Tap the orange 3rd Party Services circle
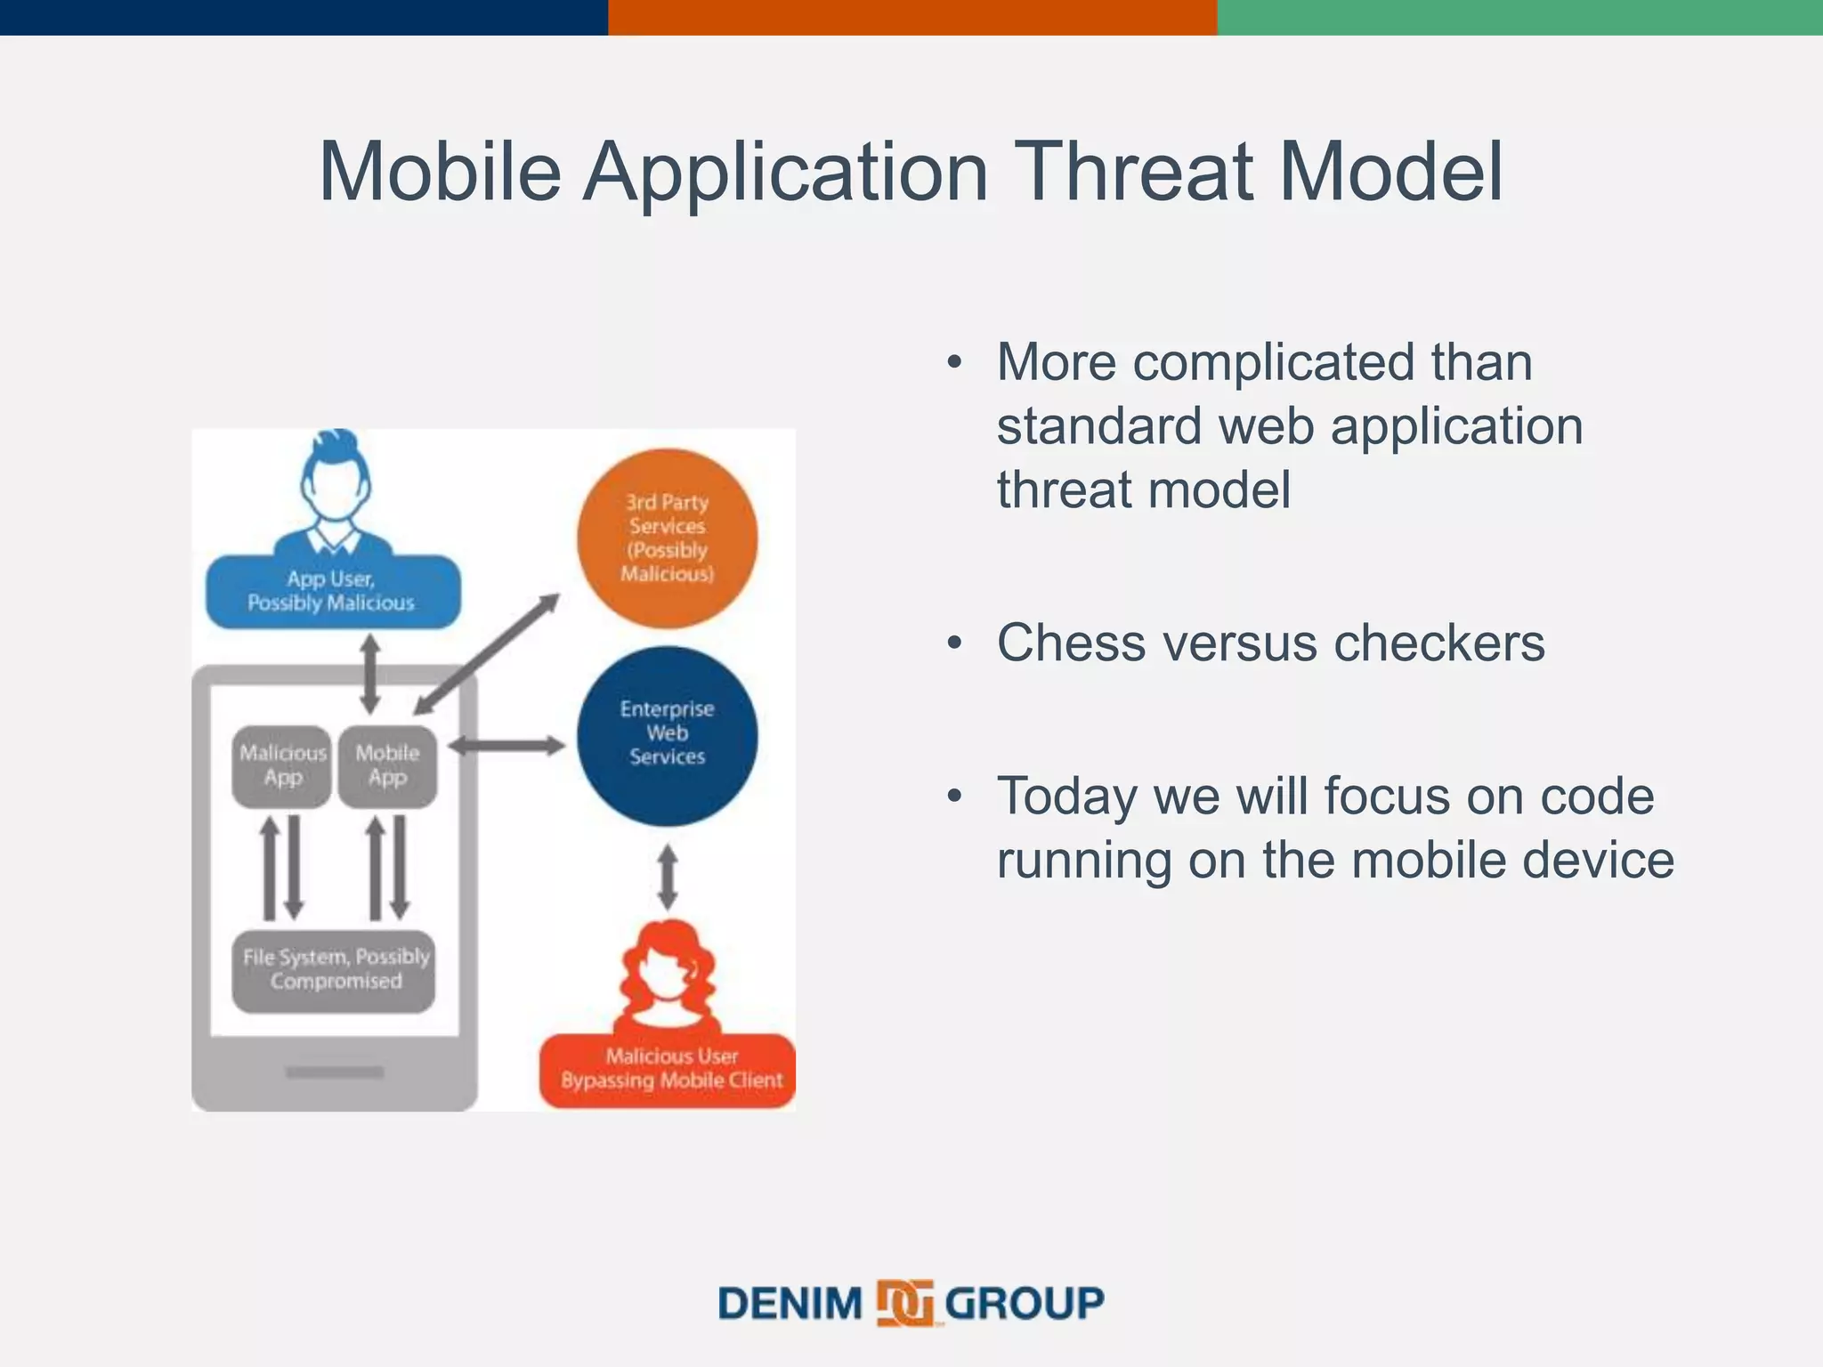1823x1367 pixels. (x=667, y=538)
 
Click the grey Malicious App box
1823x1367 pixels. (x=282, y=765)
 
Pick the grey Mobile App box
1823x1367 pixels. (x=387, y=765)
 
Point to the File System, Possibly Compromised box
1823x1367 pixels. (x=335, y=970)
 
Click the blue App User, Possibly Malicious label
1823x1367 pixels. (x=332, y=591)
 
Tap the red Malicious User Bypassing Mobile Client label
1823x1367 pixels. (x=668, y=1069)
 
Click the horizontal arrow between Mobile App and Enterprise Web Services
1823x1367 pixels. (x=506, y=746)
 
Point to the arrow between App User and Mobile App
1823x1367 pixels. (x=370, y=674)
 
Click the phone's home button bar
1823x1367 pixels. (x=335, y=1072)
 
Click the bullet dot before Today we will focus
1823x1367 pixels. (x=955, y=797)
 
